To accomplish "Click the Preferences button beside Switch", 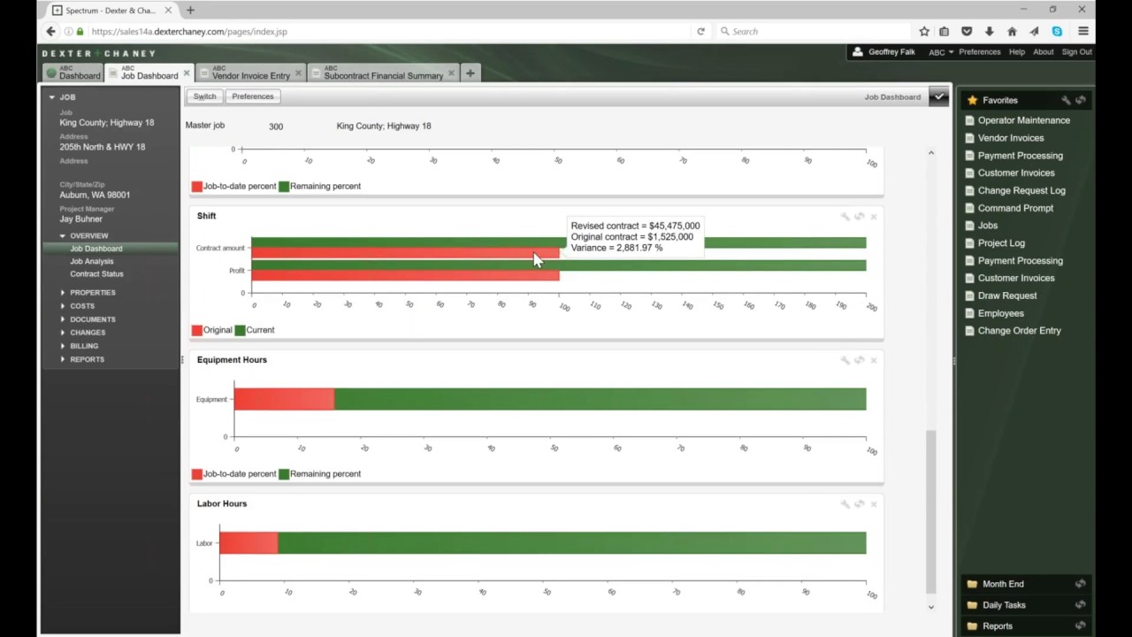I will (x=253, y=96).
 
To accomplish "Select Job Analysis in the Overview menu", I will (x=92, y=261).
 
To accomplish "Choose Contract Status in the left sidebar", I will (x=96, y=274).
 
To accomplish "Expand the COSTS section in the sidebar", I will (x=82, y=306).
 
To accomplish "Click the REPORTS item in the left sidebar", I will (x=87, y=359).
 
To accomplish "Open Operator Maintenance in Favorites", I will (x=1023, y=120).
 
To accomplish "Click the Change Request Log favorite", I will (x=1021, y=190).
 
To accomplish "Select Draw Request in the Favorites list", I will (x=1006, y=295).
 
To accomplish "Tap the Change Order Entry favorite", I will (x=1019, y=331).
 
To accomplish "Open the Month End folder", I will (x=1002, y=584).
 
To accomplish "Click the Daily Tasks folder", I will (x=1003, y=605).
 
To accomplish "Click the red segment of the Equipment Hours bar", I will (x=284, y=399).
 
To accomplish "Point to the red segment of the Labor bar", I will (x=249, y=542).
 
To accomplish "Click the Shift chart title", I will (x=206, y=216).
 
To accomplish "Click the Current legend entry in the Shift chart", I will (x=259, y=330).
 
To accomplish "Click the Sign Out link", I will (x=1076, y=52).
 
